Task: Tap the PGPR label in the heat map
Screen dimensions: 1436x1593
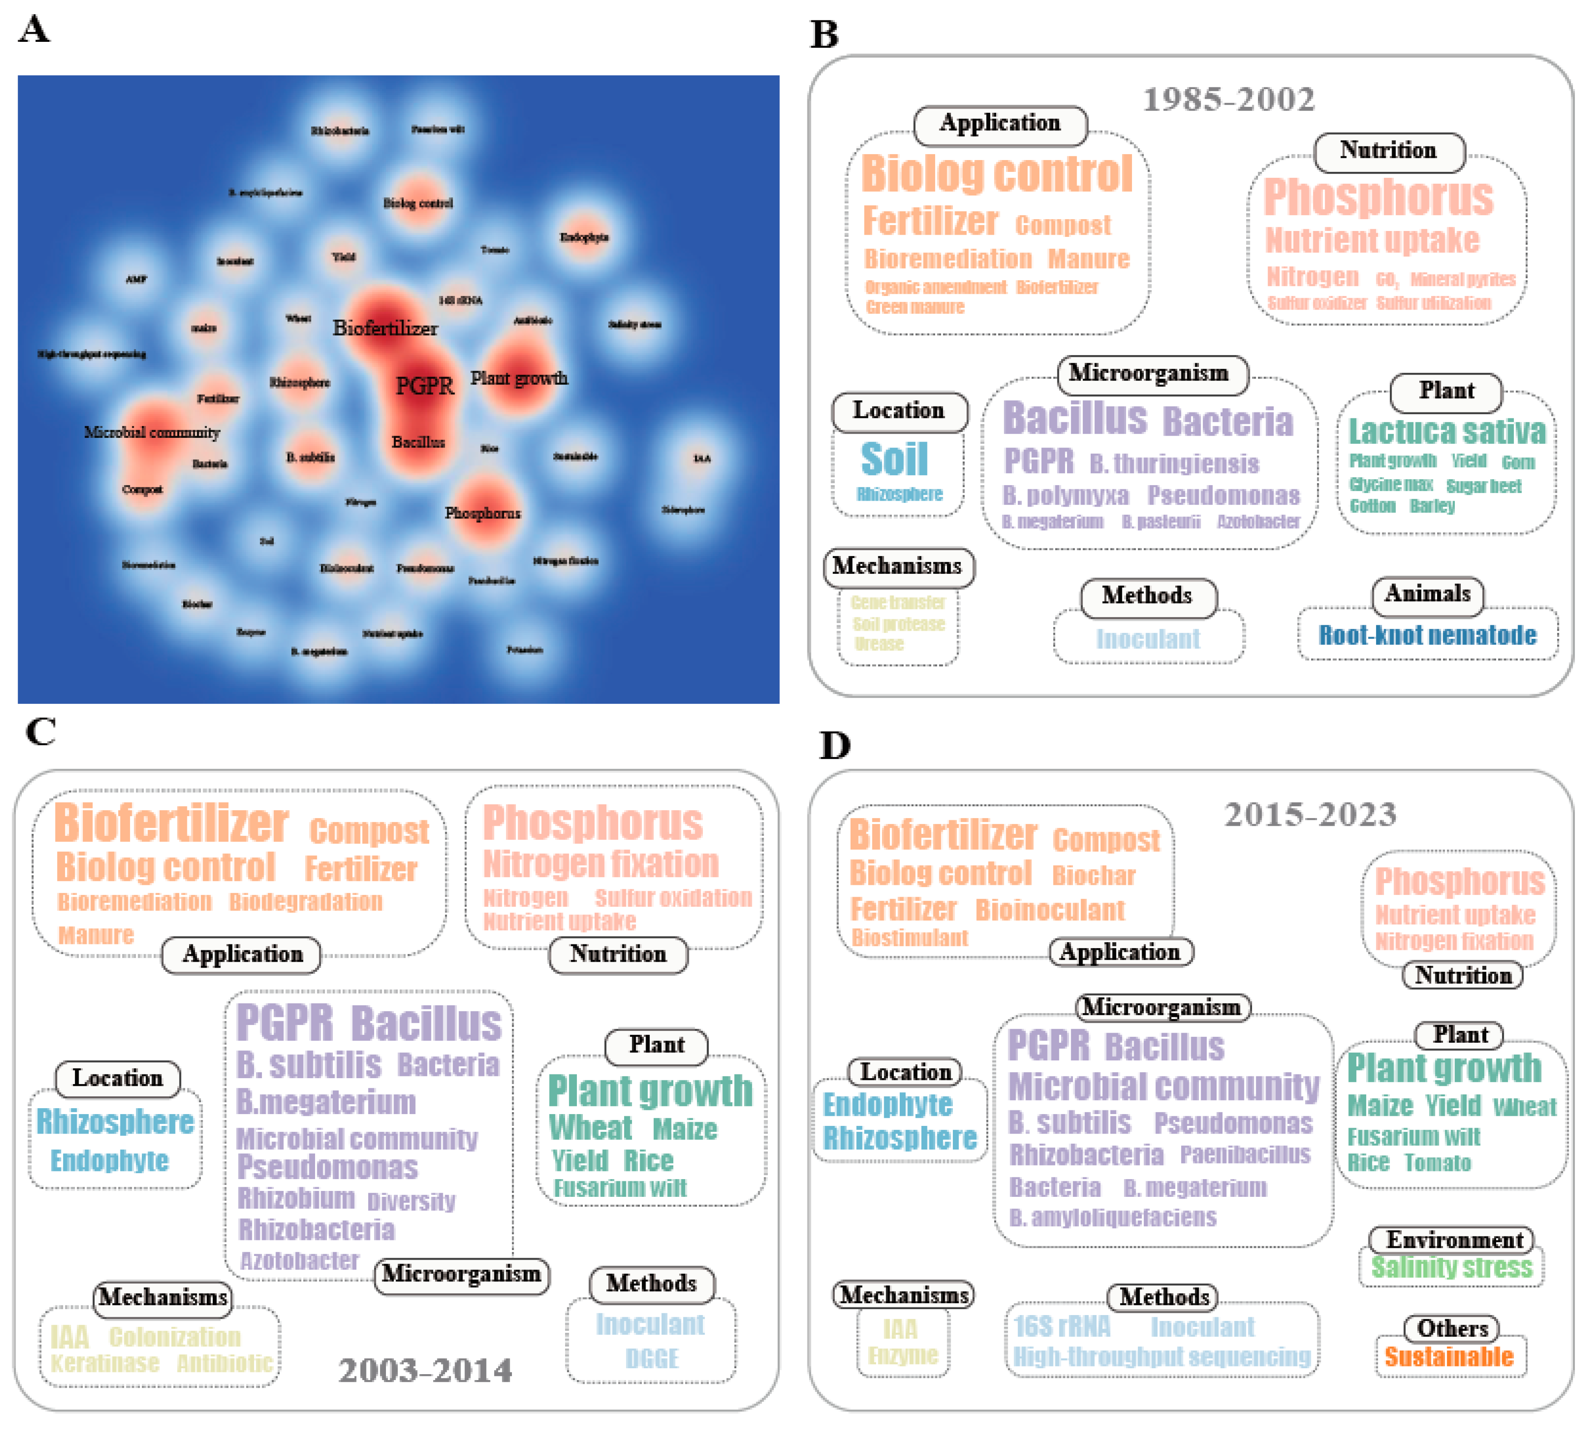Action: (x=425, y=385)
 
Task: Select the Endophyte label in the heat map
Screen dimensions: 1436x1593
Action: (x=584, y=237)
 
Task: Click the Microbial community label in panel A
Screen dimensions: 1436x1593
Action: (x=151, y=432)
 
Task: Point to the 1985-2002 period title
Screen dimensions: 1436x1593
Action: (x=1228, y=100)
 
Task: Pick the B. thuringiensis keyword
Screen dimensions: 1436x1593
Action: (x=1173, y=464)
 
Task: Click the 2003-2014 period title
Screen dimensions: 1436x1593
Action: (x=425, y=1371)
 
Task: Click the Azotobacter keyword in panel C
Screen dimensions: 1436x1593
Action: (x=299, y=1261)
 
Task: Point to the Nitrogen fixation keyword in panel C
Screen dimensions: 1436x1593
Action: (x=601, y=864)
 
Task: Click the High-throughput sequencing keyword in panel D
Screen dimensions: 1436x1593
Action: (x=1162, y=1357)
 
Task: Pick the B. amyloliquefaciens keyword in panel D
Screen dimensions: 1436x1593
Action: (x=1112, y=1217)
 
